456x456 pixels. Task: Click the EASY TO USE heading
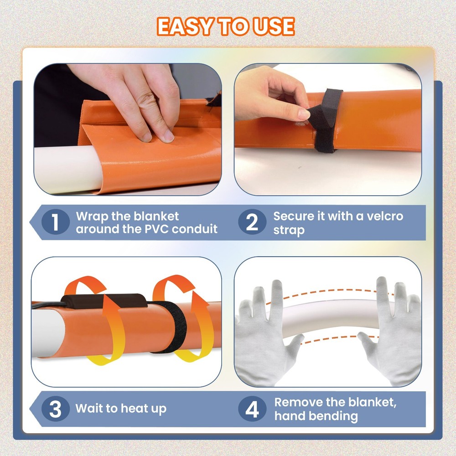(226, 26)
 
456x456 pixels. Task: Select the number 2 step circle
(252, 222)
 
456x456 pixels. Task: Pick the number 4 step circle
(252, 409)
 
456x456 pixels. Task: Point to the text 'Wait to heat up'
(121, 409)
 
